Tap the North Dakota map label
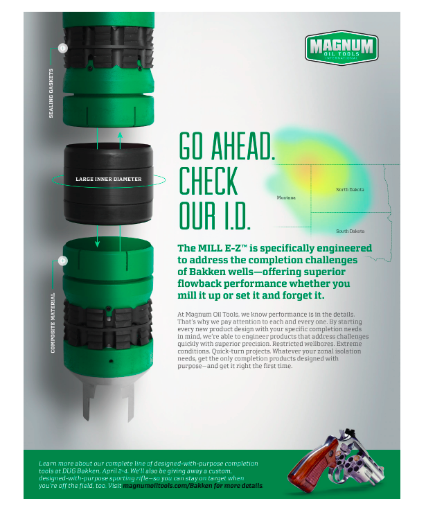[x=350, y=190]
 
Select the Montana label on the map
[x=286, y=198]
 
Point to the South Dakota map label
[x=350, y=231]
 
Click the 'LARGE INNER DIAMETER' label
[x=108, y=179]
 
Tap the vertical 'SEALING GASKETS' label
[x=51, y=94]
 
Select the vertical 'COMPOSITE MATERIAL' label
[x=53, y=323]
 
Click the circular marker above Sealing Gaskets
[x=62, y=48]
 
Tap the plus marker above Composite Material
[x=62, y=261]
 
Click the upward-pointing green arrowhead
[x=120, y=135]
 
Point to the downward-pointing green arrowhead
[x=97, y=244]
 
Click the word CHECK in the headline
[x=208, y=181]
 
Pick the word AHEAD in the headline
[x=243, y=146]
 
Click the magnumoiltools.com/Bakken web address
[x=193, y=486]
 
